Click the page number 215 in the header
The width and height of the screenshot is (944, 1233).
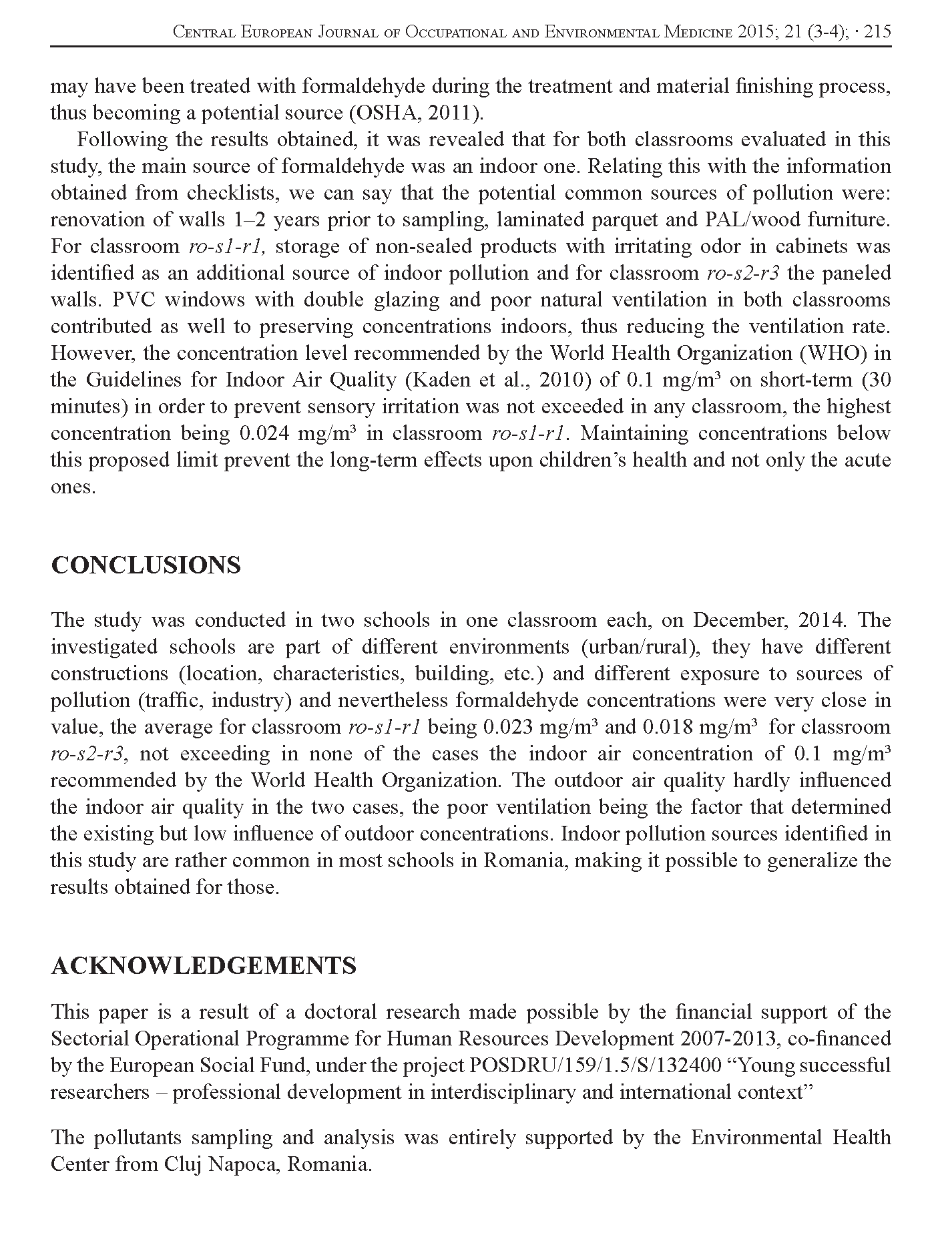(x=877, y=31)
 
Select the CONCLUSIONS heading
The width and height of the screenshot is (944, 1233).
(x=146, y=565)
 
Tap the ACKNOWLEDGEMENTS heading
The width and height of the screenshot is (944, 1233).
(x=204, y=966)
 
